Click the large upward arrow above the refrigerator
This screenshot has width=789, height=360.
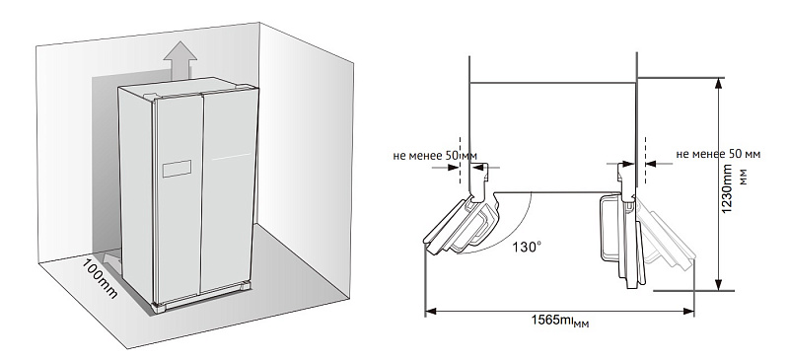[180, 59]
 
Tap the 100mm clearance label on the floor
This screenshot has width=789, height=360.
[100, 278]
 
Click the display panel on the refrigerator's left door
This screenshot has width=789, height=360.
[177, 169]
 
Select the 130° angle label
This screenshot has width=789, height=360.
[527, 248]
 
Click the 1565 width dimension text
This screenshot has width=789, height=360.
[560, 321]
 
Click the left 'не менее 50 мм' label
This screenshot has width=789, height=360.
[435, 156]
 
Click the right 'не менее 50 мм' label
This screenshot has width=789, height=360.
[718, 154]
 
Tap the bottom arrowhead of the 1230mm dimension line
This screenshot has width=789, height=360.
[719, 285]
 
